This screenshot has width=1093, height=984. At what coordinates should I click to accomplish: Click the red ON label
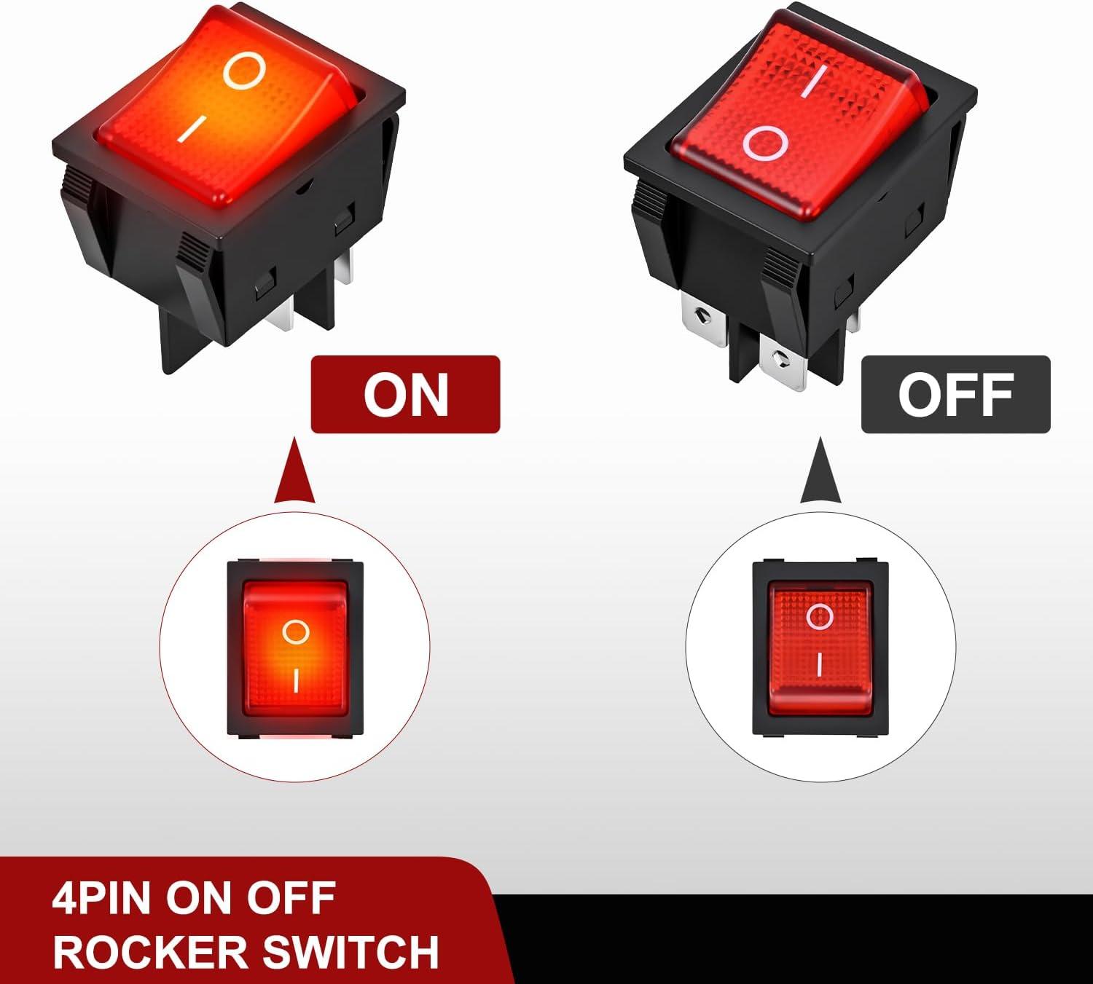tap(405, 395)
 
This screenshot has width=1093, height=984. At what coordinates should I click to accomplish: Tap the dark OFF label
tap(956, 395)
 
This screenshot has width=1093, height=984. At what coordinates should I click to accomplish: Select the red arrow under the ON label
tap(295, 470)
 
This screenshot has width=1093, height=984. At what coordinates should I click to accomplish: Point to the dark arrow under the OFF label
tap(820, 470)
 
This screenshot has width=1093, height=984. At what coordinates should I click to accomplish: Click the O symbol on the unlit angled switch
tap(766, 143)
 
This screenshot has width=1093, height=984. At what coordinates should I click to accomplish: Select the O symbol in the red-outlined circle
tap(296, 632)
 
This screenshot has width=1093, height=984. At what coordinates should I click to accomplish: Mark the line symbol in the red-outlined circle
tap(296, 681)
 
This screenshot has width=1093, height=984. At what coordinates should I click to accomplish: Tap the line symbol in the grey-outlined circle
tap(819, 665)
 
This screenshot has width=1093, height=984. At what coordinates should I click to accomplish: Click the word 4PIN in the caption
tap(101, 899)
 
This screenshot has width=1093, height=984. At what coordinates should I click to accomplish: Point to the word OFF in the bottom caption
tap(291, 899)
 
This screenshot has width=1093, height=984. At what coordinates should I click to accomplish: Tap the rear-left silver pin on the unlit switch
tap(704, 322)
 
